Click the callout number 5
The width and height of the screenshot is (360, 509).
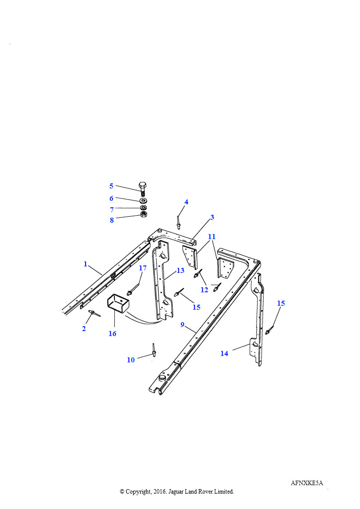(x=111, y=186)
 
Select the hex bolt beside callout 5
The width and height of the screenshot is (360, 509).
(x=143, y=189)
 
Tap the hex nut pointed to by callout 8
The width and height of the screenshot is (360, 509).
(x=144, y=214)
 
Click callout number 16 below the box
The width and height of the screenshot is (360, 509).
(x=112, y=334)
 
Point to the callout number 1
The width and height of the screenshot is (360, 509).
(x=86, y=264)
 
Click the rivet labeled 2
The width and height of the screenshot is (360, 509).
(x=94, y=313)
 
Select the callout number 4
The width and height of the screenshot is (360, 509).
(x=186, y=202)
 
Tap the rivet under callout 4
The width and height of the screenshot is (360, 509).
(x=178, y=222)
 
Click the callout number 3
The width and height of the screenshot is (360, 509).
(x=212, y=217)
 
